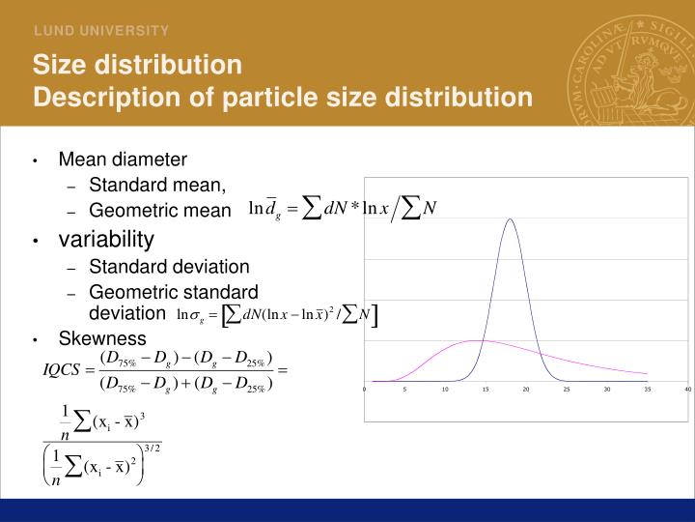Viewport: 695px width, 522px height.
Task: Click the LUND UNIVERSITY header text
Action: click(x=102, y=31)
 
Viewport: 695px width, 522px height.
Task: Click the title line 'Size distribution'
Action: click(x=137, y=65)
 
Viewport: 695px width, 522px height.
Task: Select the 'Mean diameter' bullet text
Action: click(x=123, y=159)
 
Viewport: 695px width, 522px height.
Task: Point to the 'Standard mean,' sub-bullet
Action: click(x=157, y=185)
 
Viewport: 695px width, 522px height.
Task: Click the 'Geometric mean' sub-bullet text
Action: click(x=160, y=210)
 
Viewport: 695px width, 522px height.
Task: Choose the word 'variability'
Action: click(x=106, y=238)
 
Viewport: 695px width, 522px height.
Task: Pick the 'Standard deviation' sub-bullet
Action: click(x=169, y=266)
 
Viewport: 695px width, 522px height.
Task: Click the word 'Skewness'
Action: click(x=102, y=338)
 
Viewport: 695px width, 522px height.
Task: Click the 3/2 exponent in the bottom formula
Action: click(x=150, y=448)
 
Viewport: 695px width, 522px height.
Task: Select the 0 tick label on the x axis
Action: click(x=365, y=390)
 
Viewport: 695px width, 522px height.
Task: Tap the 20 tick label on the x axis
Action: click(x=526, y=390)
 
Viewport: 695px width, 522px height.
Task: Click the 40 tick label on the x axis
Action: click(x=687, y=390)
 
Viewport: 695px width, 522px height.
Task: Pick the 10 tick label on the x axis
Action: click(x=445, y=390)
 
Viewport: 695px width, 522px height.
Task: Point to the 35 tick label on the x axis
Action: click(x=647, y=390)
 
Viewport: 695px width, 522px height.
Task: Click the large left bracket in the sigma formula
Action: click(x=226, y=314)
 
